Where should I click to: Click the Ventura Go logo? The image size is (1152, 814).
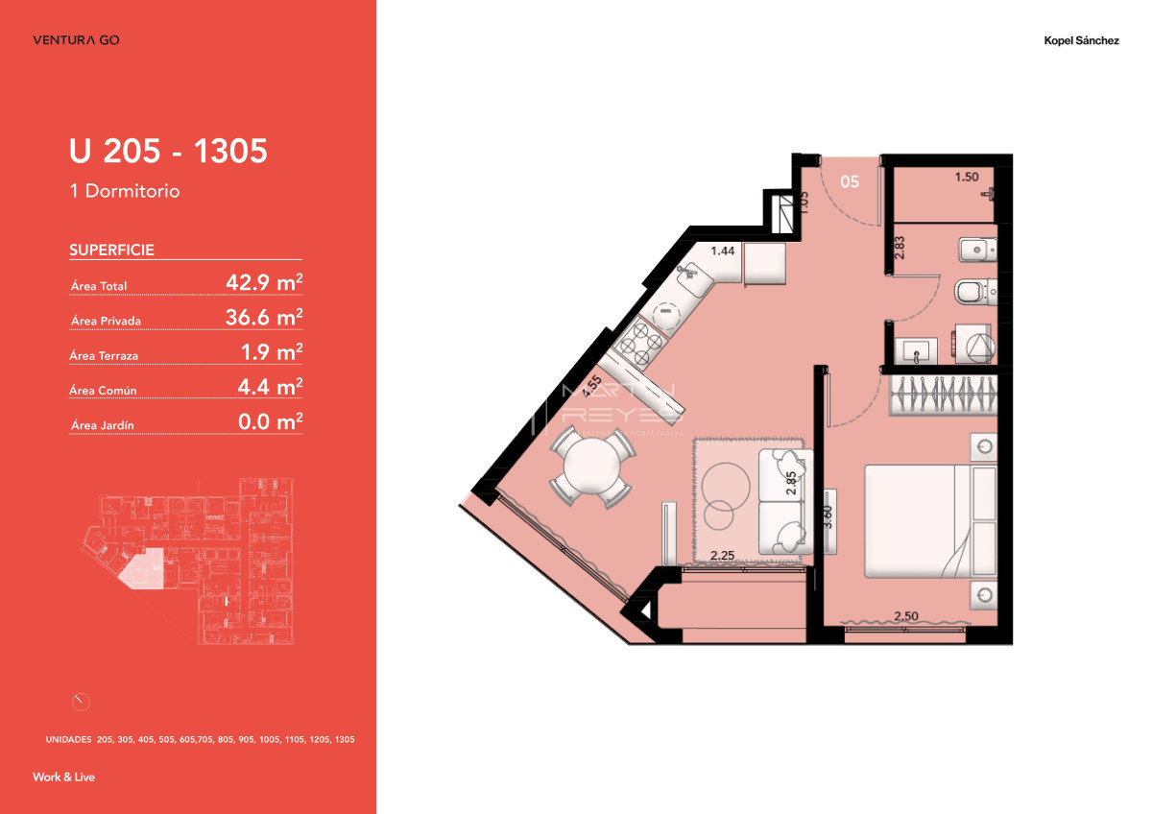click(76, 40)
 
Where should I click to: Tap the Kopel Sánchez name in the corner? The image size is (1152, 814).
click(1081, 40)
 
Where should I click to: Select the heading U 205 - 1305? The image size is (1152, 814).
click(168, 151)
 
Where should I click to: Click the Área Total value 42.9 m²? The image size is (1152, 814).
click(264, 282)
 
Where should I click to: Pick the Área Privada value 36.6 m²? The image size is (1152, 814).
click(264, 318)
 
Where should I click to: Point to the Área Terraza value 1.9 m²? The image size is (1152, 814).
click(272, 352)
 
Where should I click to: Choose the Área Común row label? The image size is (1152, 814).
click(104, 391)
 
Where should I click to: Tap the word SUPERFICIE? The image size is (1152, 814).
click(111, 251)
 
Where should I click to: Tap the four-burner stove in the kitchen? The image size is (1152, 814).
click(639, 341)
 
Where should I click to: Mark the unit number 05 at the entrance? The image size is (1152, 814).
click(850, 180)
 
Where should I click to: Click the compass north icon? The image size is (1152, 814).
click(82, 701)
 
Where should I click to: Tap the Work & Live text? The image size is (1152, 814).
click(64, 777)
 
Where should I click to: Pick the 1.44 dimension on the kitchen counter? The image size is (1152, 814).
click(722, 251)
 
